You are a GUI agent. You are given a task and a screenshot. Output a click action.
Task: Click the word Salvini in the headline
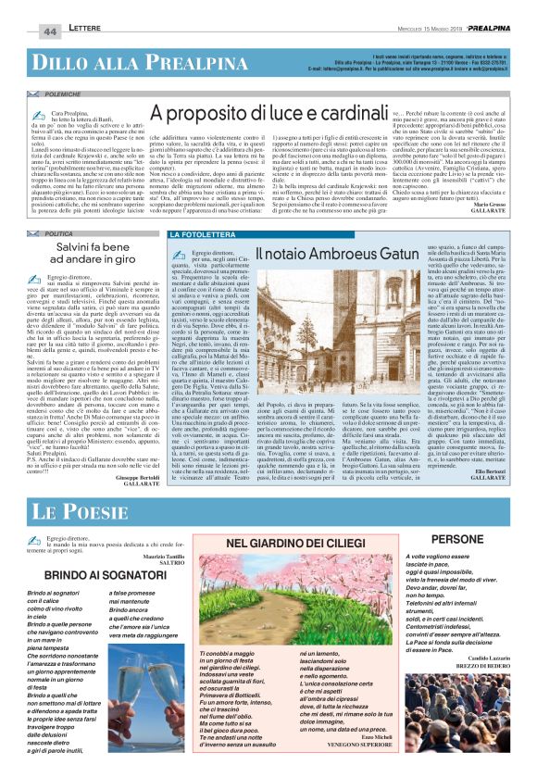click(x=66, y=250)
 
